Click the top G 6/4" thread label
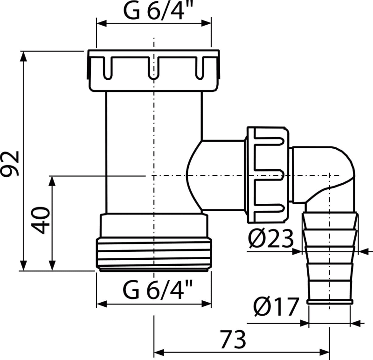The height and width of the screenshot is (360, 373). point(157,11)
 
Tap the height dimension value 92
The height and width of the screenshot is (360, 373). point(10,163)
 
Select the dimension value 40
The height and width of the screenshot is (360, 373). point(41,221)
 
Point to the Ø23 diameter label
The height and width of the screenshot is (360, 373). point(271,238)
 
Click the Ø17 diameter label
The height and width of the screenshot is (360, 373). point(276,307)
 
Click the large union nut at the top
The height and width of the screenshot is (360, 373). point(153,71)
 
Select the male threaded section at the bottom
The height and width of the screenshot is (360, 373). point(154,254)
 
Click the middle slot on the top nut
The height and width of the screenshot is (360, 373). point(153,67)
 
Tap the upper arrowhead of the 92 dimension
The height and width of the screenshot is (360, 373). point(23,56)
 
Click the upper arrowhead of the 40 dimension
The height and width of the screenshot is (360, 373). point(52,181)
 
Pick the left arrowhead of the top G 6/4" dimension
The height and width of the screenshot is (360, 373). point(101,23)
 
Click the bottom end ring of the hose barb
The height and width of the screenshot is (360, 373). point(330,302)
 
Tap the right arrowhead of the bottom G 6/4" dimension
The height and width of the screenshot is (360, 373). point(206,304)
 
